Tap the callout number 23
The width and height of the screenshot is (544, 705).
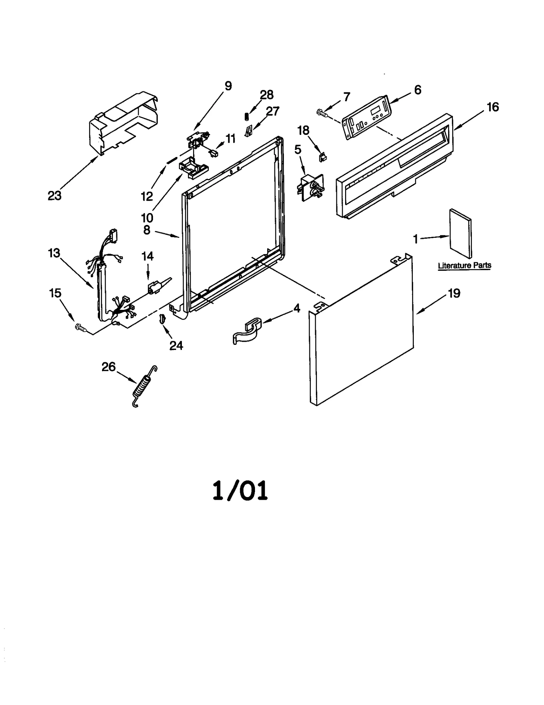(x=54, y=196)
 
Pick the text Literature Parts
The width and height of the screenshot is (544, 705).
(x=464, y=265)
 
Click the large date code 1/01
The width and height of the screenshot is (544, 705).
(x=240, y=491)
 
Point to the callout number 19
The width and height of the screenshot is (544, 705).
(x=454, y=293)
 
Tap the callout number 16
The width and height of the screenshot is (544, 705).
(x=493, y=107)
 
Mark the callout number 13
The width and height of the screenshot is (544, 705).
(x=54, y=253)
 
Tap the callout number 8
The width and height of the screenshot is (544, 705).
(x=147, y=230)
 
